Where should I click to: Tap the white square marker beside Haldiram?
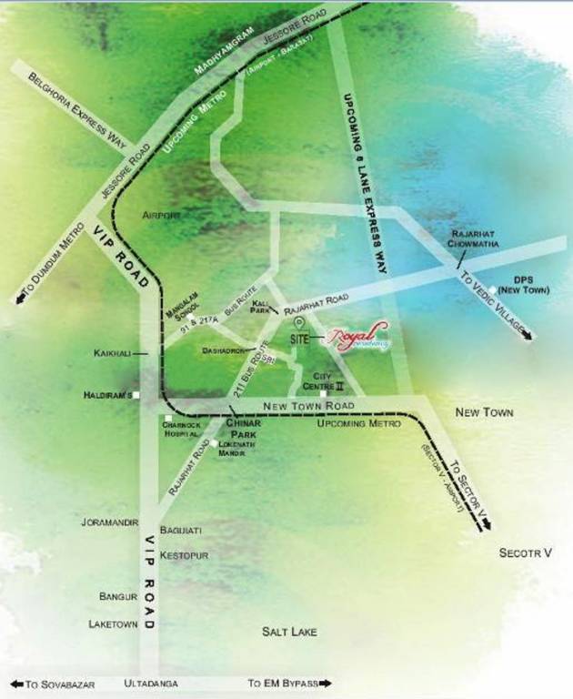click(x=135, y=394)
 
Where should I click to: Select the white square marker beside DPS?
click(x=492, y=290)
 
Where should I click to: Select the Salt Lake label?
click(x=288, y=631)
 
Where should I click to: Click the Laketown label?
click(x=112, y=624)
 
